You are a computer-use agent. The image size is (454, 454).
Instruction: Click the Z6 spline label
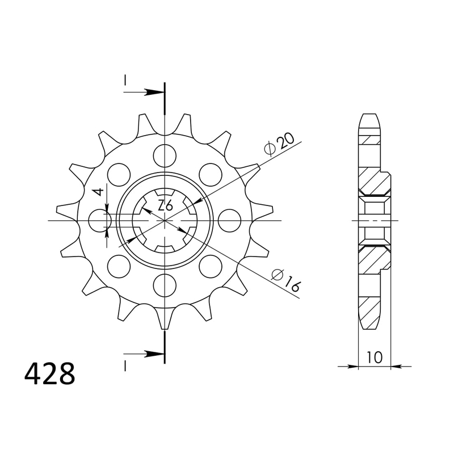[x=165, y=206]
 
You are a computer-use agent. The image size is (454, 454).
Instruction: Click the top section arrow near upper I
[x=152, y=91]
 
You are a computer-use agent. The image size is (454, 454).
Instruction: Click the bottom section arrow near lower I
[x=152, y=354]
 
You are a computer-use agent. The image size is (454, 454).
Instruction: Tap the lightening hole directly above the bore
[x=165, y=155]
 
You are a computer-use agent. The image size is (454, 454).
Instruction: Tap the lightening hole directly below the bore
[x=165, y=284]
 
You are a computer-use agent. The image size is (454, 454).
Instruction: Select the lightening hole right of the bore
[x=229, y=220]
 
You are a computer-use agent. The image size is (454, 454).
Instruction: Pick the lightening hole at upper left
[x=119, y=174]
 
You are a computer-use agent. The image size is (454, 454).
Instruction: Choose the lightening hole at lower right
[x=211, y=265]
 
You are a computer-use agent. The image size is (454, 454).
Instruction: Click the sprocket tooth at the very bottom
[x=165, y=321]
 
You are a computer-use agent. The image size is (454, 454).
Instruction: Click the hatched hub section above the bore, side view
[x=375, y=182]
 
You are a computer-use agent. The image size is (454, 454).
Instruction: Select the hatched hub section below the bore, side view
[x=375, y=258]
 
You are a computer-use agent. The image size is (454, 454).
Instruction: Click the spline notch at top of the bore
[x=165, y=192]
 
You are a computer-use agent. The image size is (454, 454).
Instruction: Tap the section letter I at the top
[x=124, y=82]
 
